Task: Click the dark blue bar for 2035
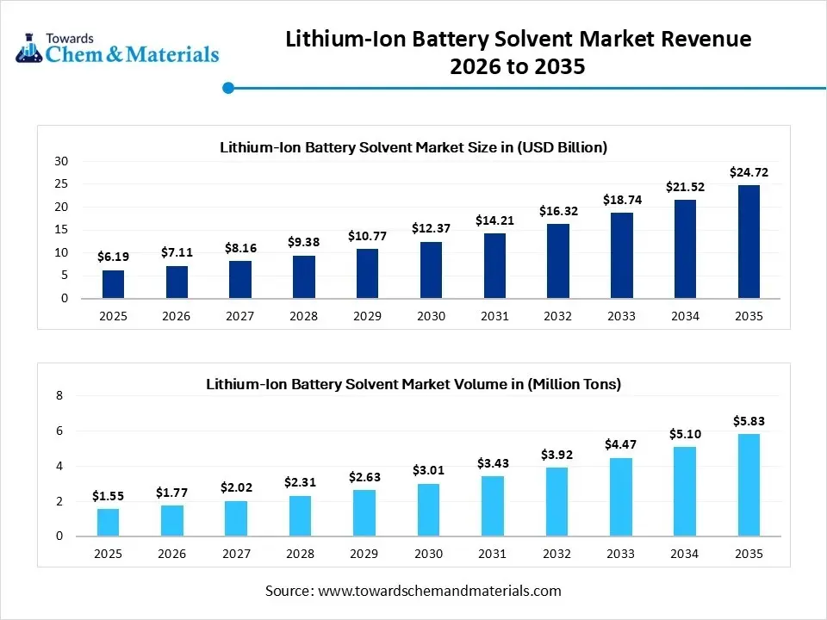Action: (749, 242)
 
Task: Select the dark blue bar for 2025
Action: (113, 284)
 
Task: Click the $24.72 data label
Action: (749, 173)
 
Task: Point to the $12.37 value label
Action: (431, 227)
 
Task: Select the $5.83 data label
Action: (749, 421)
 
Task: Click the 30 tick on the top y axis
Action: (61, 161)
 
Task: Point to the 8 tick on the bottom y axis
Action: (59, 396)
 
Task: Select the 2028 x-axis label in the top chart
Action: (303, 317)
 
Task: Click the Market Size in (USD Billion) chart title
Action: (413, 147)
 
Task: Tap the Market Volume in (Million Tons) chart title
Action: (413, 384)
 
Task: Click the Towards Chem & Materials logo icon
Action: (28, 49)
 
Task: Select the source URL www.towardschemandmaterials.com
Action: (439, 591)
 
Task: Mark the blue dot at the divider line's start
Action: (228, 87)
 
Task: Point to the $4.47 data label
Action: (621, 443)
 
